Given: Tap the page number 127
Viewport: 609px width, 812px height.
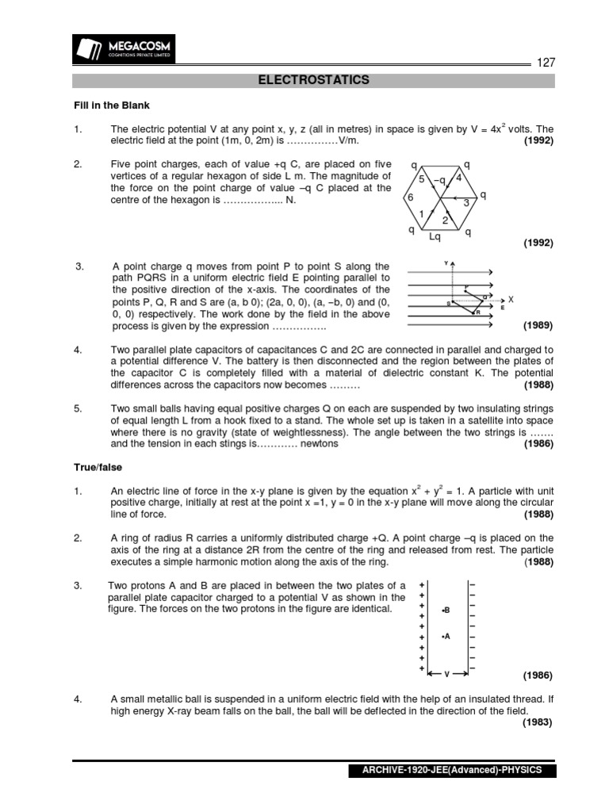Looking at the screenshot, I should tap(546, 63).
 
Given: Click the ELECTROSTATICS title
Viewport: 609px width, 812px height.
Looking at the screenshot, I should tap(314, 80).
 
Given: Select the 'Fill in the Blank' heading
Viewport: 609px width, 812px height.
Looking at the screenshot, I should tap(111, 105).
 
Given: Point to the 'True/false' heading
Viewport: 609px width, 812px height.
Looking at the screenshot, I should tap(98, 467).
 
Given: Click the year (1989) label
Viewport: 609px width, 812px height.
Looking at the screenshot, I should tap(538, 326).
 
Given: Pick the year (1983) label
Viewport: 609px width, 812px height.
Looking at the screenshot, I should tap(538, 722).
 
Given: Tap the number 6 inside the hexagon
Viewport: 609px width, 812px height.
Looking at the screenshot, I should tap(410, 197).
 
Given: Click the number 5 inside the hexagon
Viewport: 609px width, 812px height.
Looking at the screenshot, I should tap(422, 180).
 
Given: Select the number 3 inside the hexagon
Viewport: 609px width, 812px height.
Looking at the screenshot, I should tap(466, 203).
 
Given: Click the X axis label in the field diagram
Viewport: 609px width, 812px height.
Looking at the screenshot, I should tap(511, 300).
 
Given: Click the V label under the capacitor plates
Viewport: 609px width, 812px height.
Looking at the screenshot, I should tap(446, 674).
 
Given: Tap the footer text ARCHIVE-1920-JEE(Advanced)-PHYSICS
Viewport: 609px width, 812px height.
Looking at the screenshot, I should tap(452, 771).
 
